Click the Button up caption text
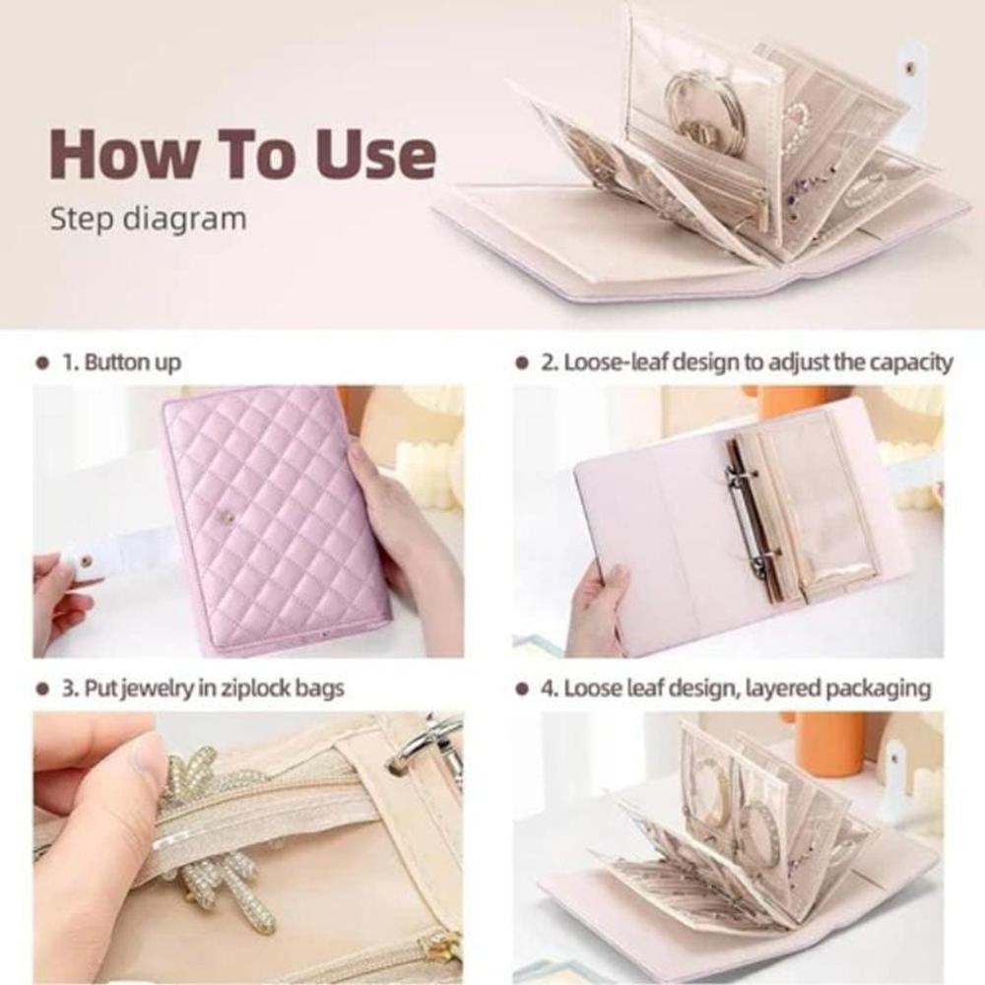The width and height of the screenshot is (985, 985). tap(122, 362)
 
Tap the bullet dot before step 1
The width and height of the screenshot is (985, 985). tap(42, 363)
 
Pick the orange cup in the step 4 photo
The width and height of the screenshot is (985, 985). tap(832, 744)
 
